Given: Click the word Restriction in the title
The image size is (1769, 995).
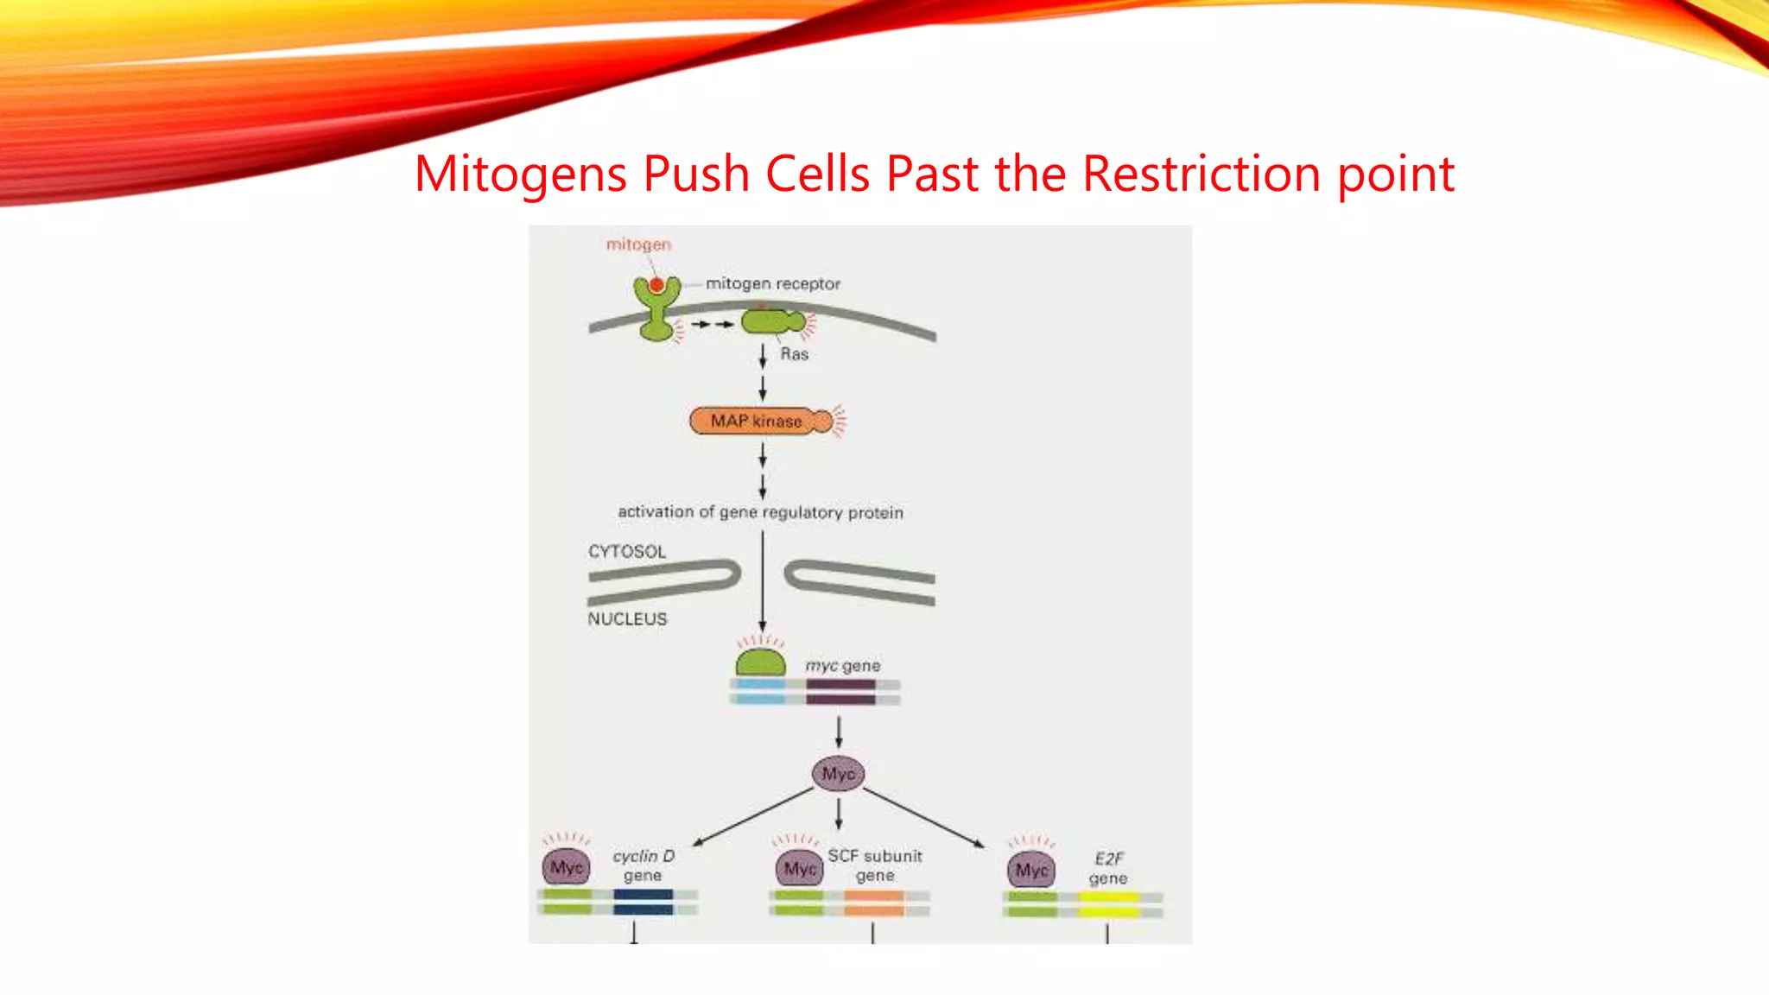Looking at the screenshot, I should point(1201,174).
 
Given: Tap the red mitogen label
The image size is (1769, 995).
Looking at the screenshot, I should point(638,244).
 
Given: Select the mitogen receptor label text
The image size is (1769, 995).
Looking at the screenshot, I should point(772,283).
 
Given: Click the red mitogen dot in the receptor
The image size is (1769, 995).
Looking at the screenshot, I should point(656,285).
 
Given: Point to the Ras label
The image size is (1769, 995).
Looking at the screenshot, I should point(794,354).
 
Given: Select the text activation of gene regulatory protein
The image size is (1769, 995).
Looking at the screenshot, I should point(760,512).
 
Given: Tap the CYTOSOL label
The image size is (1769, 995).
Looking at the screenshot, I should point(627,551).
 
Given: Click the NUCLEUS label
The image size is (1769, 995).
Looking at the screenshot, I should point(627,619).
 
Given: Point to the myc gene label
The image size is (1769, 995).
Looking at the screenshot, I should point(842,665).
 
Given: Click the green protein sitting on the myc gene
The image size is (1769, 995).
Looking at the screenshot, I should point(760,663).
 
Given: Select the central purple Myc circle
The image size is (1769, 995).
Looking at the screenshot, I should point(838,774).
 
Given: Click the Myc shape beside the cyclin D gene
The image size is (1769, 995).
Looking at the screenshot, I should point(567,867).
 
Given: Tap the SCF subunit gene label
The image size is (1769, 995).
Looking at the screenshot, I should point(874,865).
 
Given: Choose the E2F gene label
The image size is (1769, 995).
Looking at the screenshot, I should point(1108,868).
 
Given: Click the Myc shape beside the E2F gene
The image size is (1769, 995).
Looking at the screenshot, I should point(1031,870).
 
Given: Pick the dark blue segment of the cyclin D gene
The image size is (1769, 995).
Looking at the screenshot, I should point(643,902).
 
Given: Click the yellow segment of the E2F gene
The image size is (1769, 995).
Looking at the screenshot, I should point(1108,904).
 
